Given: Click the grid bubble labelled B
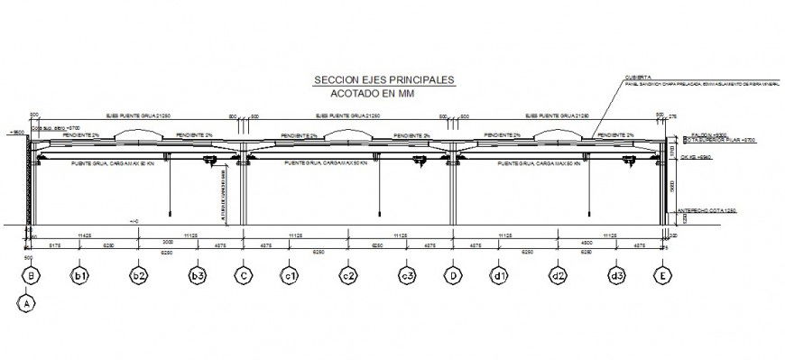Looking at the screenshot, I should (32, 276).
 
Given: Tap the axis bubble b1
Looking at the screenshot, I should (81, 276).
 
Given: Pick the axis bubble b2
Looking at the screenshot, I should (138, 276).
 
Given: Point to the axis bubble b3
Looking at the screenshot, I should (196, 276).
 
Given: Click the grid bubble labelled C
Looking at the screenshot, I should (243, 276).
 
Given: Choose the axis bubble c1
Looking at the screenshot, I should (290, 276).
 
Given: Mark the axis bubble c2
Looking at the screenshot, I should (348, 276).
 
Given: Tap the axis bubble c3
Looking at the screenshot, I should (407, 276).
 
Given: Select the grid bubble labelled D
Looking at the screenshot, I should (453, 276).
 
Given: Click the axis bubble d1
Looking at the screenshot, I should (499, 276).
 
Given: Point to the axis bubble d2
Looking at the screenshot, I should (559, 276).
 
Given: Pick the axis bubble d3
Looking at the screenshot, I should (617, 276).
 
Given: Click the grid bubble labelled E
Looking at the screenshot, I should (664, 276).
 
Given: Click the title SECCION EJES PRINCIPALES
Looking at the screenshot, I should (383, 80).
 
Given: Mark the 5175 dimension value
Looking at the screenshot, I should (53, 245).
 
